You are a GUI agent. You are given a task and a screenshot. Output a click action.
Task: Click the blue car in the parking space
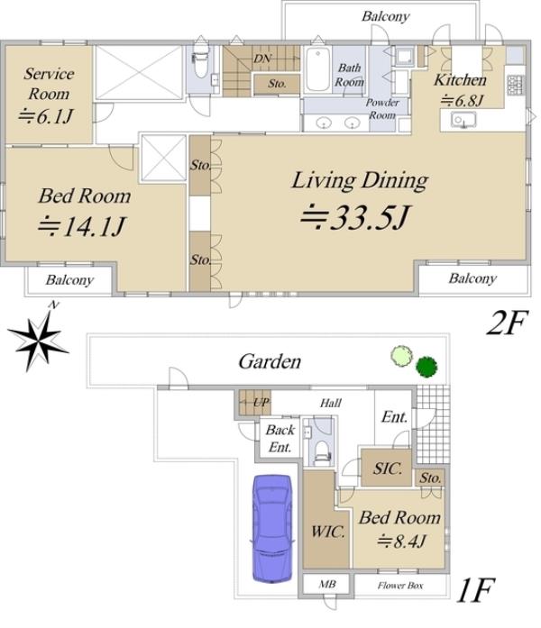pyautogui.click(x=271, y=529)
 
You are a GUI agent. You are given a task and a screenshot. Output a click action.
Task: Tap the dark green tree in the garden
pyautogui.click(x=426, y=367)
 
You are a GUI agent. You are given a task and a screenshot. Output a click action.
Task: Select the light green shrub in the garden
pyautogui.click(x=402, y=356)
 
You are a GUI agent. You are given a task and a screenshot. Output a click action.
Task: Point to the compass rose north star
pyautogui.click(x=38, y=339)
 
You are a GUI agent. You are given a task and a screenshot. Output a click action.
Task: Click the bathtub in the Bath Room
pyautogui.click(x=317, y=70)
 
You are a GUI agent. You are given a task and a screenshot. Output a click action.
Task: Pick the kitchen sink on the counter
pyautogui.click(x=463, y=120)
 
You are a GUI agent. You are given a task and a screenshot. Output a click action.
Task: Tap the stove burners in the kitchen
pyautogui.click(x=515, y=86)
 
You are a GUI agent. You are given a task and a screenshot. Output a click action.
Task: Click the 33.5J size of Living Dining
pyautogui.click(x=355, y=217)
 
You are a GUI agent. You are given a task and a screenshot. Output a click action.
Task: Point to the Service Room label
pyautogui.click(x=49, y=84)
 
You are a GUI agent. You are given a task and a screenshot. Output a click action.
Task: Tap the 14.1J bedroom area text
pyautogui.click(x=82, y=227)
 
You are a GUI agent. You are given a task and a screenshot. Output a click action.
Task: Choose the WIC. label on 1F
pyautogui.click(x=328, y=532)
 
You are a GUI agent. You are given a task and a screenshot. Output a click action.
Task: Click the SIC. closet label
pyautogui.click(x=388, y=469)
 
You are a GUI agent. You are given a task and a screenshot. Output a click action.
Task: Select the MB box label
pyautogui.click(x=327, y=585)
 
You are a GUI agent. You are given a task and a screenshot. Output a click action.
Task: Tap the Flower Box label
pyautogui.click(x=400, y=586)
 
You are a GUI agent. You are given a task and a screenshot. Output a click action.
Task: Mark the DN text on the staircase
pyautogui.click(x=262, y=59)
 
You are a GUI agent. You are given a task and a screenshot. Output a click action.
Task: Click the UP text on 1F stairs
pyautogui.click(x=261, y=402)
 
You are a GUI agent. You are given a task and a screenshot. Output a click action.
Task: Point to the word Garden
pyautogui.click(x=270, y=361)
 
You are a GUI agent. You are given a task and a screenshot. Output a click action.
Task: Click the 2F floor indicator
pyautogui.click(x=506, y=323)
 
